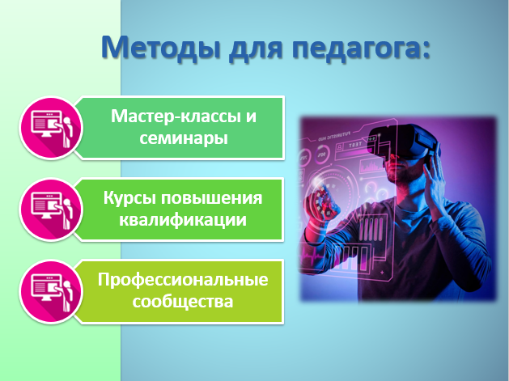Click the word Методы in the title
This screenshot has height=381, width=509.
pos(161,48)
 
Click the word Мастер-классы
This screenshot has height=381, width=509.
pos(174,116)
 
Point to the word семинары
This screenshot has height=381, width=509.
pos(184,138)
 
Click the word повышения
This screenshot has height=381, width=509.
pos(212,198)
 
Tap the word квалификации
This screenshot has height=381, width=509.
pos(182,220)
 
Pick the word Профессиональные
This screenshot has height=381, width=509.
pos(183,280)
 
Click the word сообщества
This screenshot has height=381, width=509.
pos(183,302)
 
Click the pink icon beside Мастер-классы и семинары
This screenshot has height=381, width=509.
pos(51,128)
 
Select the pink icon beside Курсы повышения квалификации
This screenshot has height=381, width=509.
pos(51,210)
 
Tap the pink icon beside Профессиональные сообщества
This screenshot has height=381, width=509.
pos(51,291)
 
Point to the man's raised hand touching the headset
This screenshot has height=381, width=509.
pos(435,182)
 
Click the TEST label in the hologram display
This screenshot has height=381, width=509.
pos(355,145)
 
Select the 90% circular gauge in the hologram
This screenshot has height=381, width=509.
pos(322,155)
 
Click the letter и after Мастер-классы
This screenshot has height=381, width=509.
pos(251,116)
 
